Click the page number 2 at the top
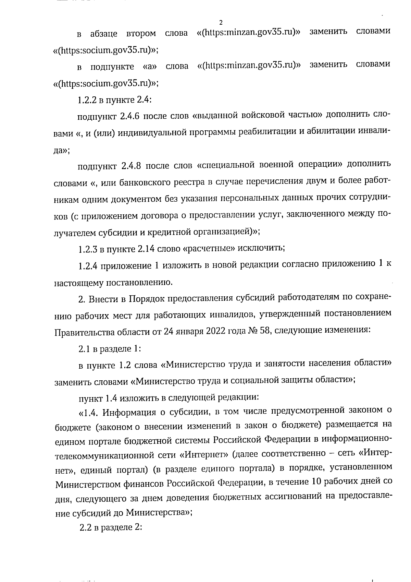[x=221, y=23]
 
